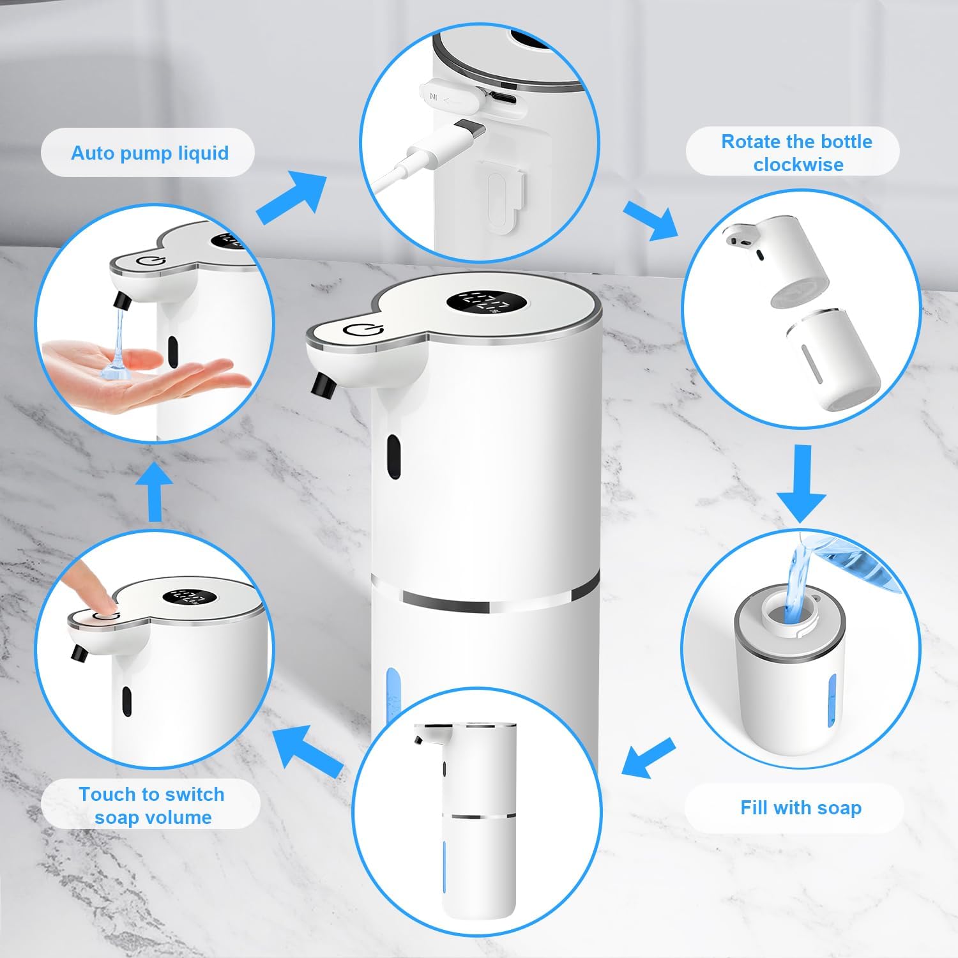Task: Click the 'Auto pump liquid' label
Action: click(x=149, y=153)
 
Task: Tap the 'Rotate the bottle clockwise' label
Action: click(x=796, y=153)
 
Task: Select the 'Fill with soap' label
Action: click(x=801, y=808)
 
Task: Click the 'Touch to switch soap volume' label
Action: click(x=152, y=805)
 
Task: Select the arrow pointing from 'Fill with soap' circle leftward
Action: click(x=648, y=757)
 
